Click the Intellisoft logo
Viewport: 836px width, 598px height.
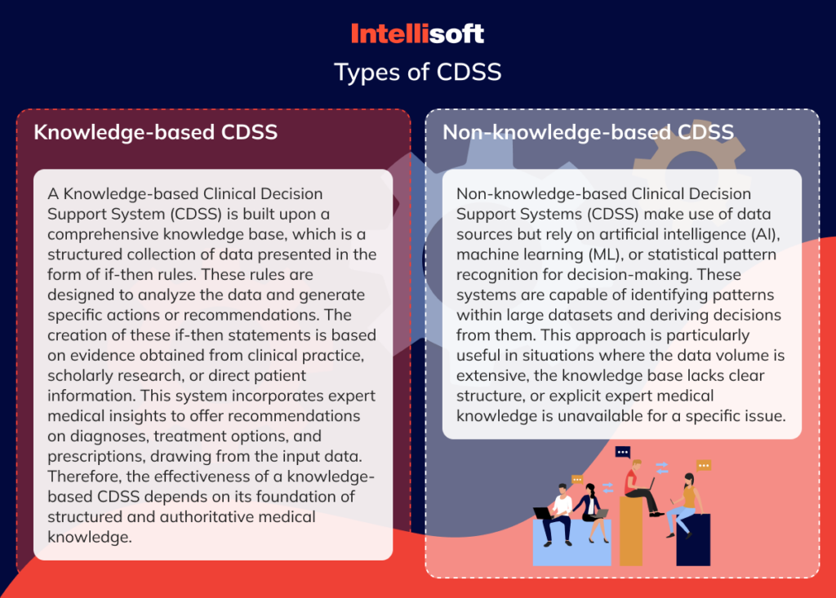click(x=417, y=33)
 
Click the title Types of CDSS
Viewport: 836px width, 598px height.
click(x=417, y=72)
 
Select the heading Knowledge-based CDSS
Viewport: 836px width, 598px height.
click(x=155, y=132)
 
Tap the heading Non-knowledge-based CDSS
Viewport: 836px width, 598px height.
click(x=588, y=132)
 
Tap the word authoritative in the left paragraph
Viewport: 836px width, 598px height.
click(x=201, y=517)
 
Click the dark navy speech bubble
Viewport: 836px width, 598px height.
click(x=623, y=451)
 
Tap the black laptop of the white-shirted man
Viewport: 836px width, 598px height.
click(x=542, y=513)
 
